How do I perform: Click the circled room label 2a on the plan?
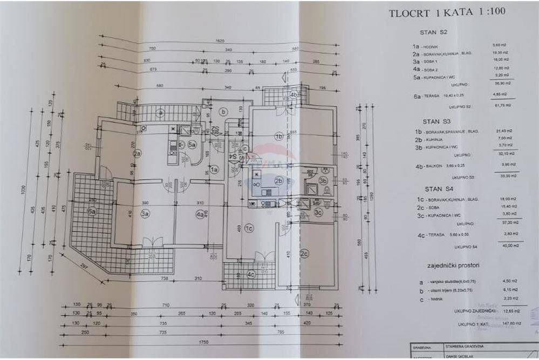coord(138,153)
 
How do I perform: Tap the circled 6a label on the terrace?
coord(92,212)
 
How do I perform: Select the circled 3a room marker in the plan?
coord(145,214)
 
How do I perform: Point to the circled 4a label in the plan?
coord(200,214)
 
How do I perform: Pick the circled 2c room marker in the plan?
coord(304,253)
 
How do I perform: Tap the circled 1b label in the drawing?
coord(279,136)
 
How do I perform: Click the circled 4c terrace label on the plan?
coord(250,274)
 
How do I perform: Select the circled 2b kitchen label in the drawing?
coord(279,181)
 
